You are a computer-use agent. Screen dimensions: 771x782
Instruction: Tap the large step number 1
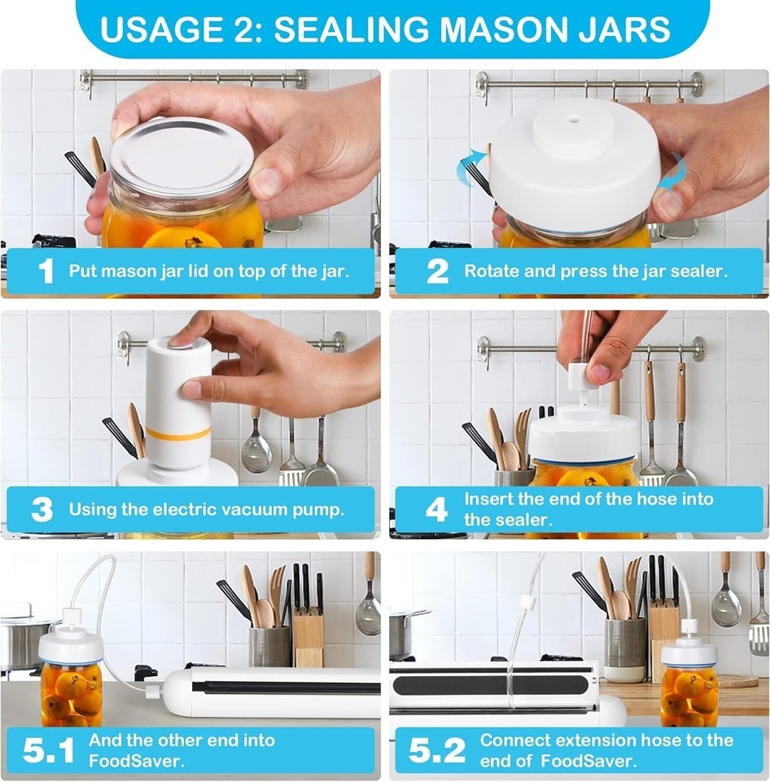coord(46,271)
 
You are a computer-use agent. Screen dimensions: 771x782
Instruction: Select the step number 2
coord(437,271)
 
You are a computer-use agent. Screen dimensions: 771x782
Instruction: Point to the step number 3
coord(42,510)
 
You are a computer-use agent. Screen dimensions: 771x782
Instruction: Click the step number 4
coord(437,510)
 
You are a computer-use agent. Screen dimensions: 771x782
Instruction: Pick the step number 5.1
coord(48,750)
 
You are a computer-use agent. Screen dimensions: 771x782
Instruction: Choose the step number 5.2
coord(437,750)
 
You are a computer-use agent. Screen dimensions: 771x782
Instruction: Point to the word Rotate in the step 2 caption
coord(492,271)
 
